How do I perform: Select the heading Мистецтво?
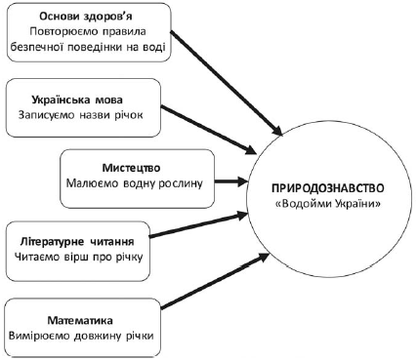tap(136, 165)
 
